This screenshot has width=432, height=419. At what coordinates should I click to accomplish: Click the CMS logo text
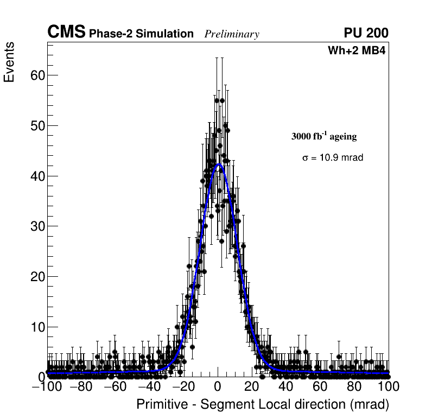point(66,33)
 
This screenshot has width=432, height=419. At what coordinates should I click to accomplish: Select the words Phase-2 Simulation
point(141,34)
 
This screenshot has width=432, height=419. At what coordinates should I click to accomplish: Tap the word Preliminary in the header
point(232,35)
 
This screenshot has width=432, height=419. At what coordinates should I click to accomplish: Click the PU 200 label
point(366,33)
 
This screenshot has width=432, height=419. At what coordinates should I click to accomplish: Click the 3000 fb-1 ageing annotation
point(324,136)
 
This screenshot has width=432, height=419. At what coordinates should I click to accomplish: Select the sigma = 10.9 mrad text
point(332,157)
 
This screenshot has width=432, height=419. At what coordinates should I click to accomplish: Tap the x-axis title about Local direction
point(263,404)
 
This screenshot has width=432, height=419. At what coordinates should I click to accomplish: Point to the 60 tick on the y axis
point(37,75)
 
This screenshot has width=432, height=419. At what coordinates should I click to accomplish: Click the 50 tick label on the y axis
point(37,125)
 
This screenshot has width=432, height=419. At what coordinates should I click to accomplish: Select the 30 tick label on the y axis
point(37,226)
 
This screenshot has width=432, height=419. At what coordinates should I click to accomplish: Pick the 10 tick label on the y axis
point(37,327)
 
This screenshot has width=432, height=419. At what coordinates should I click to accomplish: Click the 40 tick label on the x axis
point(286,386)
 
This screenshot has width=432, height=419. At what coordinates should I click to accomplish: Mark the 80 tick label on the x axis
point(354,386)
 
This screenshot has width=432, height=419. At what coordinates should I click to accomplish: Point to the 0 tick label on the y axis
point(41,377)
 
